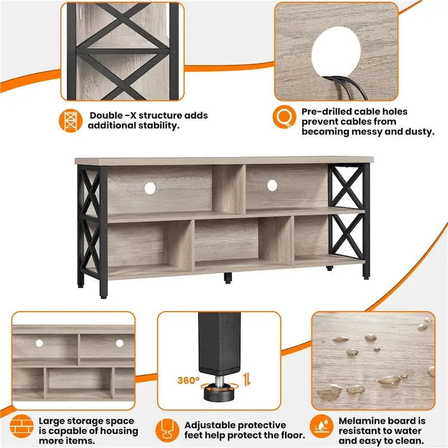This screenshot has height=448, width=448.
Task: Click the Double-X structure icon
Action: (x=70, y=120)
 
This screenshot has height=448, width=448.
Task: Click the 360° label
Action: (x=189, y=380)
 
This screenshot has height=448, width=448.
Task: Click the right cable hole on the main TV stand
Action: (x=272, y=184)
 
